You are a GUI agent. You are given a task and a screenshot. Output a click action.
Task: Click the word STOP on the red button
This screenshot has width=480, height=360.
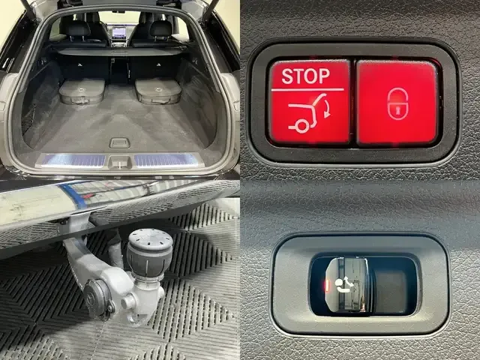pyautogui.click(x=305, y=76)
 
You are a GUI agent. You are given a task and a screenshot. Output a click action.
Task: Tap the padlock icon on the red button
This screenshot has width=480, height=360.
pyautogui.click(x=397, y=103)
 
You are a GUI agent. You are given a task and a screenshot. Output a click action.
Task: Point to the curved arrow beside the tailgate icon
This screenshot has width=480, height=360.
pyautogui.click(x=326, y=109)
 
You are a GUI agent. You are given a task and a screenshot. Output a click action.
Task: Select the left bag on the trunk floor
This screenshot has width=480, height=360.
pyautogui.click(x=82, y=91)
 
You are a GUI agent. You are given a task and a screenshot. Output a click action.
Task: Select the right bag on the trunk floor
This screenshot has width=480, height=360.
pyautogui.click(x=158, y=91)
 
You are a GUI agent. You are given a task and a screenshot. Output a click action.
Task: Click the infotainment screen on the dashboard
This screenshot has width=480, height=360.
pyautogui.click(x=119, y=31)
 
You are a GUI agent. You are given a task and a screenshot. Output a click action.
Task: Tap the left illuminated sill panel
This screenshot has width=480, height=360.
pyautogui.click(x=73, y=160)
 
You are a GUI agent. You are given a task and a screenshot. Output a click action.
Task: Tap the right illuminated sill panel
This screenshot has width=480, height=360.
pyautogui.click(x=166, y=160)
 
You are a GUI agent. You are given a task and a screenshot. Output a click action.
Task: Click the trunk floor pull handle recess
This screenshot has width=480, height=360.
pyautogui.click(x=119, y=143)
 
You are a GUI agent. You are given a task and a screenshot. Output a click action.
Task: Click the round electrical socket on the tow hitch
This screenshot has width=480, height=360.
pyautogui.click(x=98, y=298)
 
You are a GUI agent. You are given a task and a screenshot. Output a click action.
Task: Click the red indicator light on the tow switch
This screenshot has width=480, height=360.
pyautogui.click(x=327, y=285)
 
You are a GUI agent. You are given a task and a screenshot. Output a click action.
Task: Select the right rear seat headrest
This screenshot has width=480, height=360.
pyautogui.click(x=160, y=29)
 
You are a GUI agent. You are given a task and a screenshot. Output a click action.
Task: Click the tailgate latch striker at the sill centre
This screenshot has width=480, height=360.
pyautogui.click(x=120, y=162)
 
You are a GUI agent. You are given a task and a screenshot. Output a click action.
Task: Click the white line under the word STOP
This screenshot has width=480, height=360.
pyautogui.click(x=307, y=90)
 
